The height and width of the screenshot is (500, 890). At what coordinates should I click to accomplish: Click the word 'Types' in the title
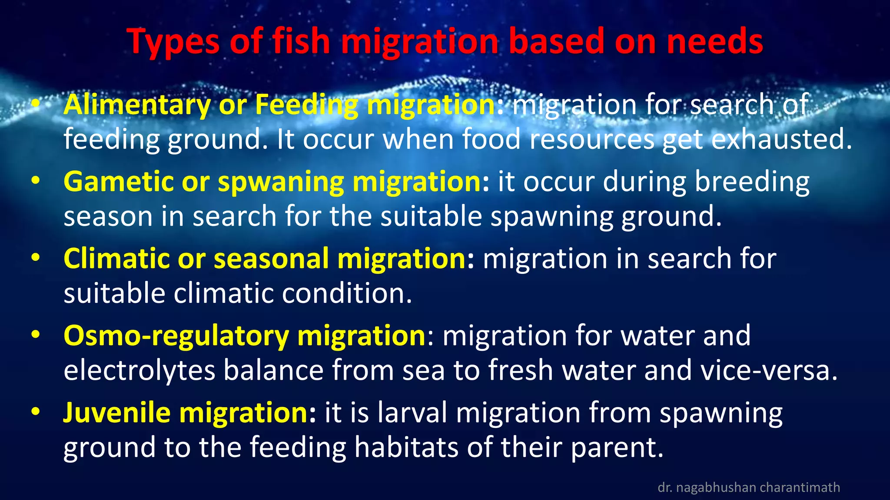[x=173, y=41]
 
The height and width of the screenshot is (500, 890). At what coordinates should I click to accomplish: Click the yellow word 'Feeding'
[x=306, y=105]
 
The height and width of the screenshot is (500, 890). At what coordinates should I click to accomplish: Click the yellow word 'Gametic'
[x=118, y=181]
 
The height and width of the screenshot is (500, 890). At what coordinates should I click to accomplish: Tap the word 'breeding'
[x=752, y=181]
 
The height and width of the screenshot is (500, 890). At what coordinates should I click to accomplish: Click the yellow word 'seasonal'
[x=271, y=259]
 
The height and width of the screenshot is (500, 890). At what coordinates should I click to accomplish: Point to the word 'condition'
[x=346, y=293]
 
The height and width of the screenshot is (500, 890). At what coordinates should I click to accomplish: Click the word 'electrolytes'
[x=139, y=370]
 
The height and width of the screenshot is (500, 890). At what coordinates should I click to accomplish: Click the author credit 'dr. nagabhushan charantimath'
[x=748, y=487]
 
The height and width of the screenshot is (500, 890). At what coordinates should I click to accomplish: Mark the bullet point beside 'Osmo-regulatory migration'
[x=36, y=335]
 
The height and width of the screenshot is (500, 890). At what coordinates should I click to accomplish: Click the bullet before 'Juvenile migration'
[x=36, y=411]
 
